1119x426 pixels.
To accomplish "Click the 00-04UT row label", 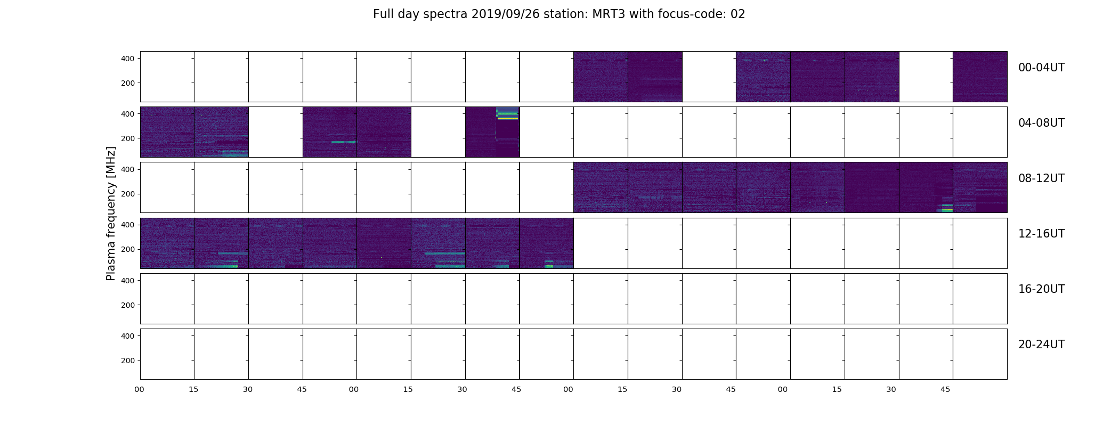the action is click(1041, 68).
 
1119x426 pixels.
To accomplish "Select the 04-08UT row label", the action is click(1041, 123).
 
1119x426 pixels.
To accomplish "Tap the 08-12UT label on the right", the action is click(1041, 178).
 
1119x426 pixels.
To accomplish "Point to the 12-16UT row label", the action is click(1041, 234).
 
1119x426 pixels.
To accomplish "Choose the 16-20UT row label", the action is click(1041, 289).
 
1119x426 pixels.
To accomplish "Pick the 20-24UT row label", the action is click(1041, 345).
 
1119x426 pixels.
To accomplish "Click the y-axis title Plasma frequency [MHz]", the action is click(111, 214).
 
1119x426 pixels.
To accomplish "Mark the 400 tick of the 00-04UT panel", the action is click(128, 59).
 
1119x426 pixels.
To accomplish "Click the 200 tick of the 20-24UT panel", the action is click(128, 361).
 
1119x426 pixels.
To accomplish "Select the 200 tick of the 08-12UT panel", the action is click(128, 194).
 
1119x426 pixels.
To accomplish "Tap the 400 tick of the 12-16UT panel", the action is click(128, 225).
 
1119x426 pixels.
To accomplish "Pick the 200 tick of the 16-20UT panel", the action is click(128, 305).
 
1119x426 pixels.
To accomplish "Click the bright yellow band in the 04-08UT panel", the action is click(507, 118).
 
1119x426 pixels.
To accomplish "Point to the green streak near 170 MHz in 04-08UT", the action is click(343, 142).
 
